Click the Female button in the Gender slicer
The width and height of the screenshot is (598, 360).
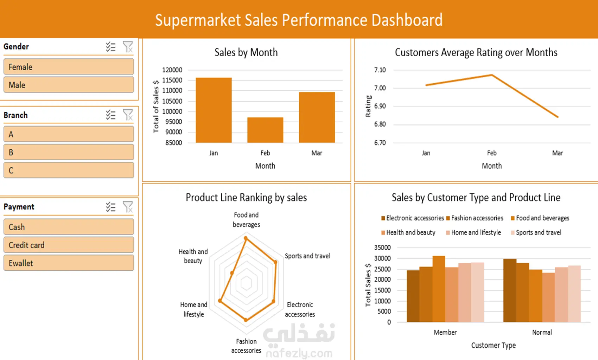[x=69, y=67]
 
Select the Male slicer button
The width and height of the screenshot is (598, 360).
[x=69, y=85]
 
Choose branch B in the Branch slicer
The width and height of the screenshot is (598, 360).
[x=69, y=153]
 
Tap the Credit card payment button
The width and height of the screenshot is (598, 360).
[x=69, y=245]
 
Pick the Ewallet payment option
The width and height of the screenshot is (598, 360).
[x=69, y=263]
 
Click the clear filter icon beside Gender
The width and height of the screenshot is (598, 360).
[x=128, y=47]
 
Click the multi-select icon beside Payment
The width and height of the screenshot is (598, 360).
[x=111, y=207]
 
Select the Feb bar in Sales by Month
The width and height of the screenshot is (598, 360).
[x=265, y=130]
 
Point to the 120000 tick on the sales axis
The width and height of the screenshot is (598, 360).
[x=172, y=70]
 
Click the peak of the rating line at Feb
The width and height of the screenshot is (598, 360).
[x=492, y=75]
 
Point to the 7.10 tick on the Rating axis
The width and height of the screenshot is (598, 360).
[x=380, y=70]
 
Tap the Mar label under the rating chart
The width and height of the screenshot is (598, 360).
[x=558, y=153]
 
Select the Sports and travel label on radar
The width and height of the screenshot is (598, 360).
[x=307, y=256]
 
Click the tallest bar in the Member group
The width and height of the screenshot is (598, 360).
[x=439, y=289]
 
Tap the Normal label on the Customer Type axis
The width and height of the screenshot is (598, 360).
[x=542, y=332]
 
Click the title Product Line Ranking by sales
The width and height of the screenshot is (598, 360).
[x=246, y=198]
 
